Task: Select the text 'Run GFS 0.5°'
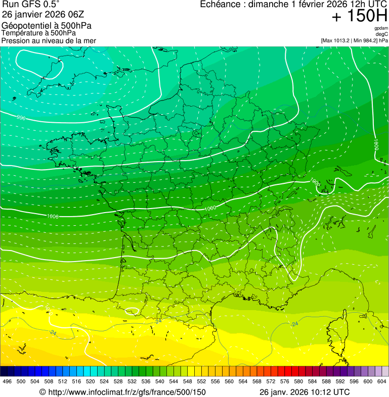click(30, 5)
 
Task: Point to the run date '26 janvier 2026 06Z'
click(43, 14)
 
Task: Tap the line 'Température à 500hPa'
click(38, 33)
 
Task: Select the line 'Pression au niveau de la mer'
click(49, 40)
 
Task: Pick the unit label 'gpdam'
click(381, 28)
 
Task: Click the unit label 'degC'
click(382, 34)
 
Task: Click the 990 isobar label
click(21, 118)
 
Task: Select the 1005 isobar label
click(314, 180)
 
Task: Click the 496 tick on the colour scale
click(7, 381)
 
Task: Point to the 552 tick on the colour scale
click(201, 381)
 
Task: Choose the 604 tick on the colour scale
click(382, 381)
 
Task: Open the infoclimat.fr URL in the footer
click(122, 392)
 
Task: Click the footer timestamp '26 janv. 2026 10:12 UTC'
click(304, 392)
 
